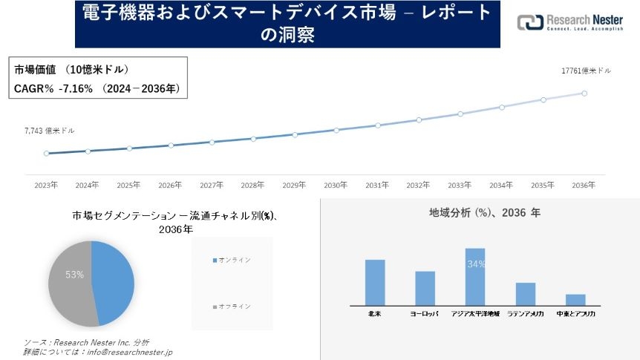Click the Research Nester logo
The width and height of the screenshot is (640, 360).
click(570, 22)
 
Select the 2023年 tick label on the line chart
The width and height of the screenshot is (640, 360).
click(46, 185)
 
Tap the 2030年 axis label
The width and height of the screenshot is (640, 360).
click(336, 185)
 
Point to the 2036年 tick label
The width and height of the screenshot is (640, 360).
click(584, 185)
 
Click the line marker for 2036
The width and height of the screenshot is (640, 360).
click(584, 94)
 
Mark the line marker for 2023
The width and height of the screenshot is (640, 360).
click(46, 154)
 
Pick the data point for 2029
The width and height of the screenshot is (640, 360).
click(295, 134)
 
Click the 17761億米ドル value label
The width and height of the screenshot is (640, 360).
click(586, 71)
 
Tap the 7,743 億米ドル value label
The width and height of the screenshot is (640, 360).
click(49, 131)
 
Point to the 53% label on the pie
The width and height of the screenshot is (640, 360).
click(74, 275)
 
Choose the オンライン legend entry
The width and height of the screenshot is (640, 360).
click(232, 260)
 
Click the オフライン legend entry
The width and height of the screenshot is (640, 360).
click(232, 306)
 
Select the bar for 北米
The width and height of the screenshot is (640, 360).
click(375, 282)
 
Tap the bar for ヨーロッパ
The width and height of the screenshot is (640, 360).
click(425, 288)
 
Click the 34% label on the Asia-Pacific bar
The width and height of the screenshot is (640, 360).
click(476, 264)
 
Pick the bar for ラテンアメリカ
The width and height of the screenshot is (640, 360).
click(526, 294)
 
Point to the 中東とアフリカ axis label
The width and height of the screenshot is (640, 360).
click(575, 314)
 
